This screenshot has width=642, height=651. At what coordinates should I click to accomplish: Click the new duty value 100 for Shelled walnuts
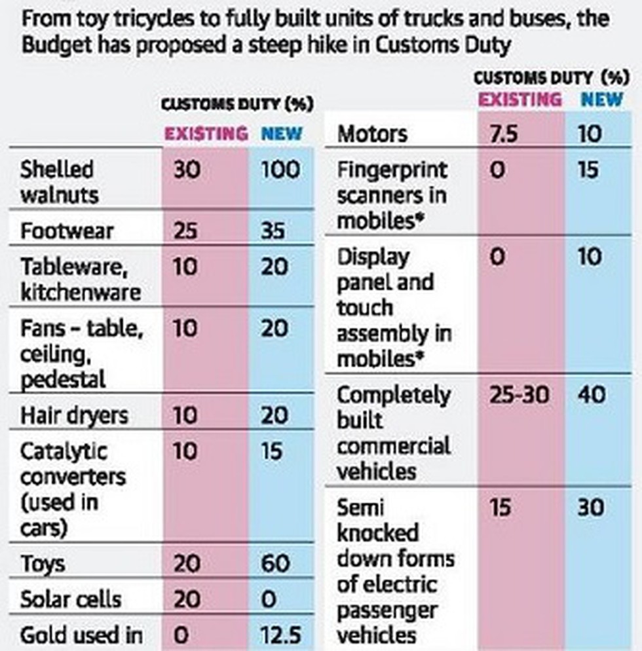coord(280,170)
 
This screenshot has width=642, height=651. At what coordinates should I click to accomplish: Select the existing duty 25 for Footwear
coord(187,231)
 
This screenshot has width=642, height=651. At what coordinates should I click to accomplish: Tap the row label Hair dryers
coord(74,415)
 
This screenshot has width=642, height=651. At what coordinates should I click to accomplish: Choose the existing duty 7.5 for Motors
coord(503,134)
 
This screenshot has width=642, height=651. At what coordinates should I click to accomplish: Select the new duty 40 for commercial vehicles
coord(591,396)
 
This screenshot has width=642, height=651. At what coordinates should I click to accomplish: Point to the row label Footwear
coord(67,231)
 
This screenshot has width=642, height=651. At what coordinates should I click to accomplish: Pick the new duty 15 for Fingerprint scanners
coord(588,170)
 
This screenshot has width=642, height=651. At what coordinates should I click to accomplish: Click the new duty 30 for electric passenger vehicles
coord(591,508)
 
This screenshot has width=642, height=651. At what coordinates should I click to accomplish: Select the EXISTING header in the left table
coord(206,134)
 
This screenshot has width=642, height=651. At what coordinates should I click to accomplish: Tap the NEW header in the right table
coord(602,99)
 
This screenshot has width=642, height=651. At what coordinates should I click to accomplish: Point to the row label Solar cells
coord(71,599)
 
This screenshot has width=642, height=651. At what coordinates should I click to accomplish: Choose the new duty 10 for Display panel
coord(590,256)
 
